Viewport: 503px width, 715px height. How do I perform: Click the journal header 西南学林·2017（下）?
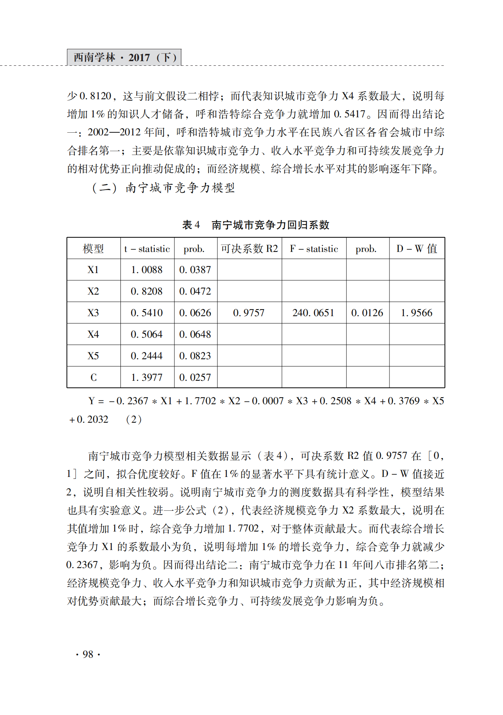[x=124, y=57]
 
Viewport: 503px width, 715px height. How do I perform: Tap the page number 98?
[x=88, y=654]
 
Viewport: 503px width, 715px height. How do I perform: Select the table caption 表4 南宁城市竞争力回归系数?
[x=256, y=225]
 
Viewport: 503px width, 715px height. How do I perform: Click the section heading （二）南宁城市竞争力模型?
[x=163, y=188]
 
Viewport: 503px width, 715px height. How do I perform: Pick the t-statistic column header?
[x=147, y=249]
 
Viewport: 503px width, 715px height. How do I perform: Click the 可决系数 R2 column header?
[x=249, y=249]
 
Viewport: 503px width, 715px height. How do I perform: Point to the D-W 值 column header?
[x=417, y=249]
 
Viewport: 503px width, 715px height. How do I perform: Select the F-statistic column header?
[x=314, y=249]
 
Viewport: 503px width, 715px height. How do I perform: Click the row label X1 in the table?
[x=94, y=270]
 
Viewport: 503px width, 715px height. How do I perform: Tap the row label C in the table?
[x=94, y=377]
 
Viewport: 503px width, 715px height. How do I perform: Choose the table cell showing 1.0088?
[x=147, y=270]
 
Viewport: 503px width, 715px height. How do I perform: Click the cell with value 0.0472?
[x=196, y=292]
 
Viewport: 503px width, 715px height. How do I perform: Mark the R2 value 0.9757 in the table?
[x=249, y=313]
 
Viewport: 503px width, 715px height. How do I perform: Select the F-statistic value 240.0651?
[x=314, y=313]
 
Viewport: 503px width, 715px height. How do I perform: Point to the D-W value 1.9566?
[x=417, y=313]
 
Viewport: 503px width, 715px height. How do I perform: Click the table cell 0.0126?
[x=368, y=313]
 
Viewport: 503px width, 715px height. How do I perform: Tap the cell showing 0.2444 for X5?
[x=147, y=356]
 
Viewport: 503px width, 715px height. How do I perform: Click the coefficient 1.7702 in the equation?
[x=200, y=401]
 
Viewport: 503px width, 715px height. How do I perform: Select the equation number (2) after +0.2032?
[x=134, y=419]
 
